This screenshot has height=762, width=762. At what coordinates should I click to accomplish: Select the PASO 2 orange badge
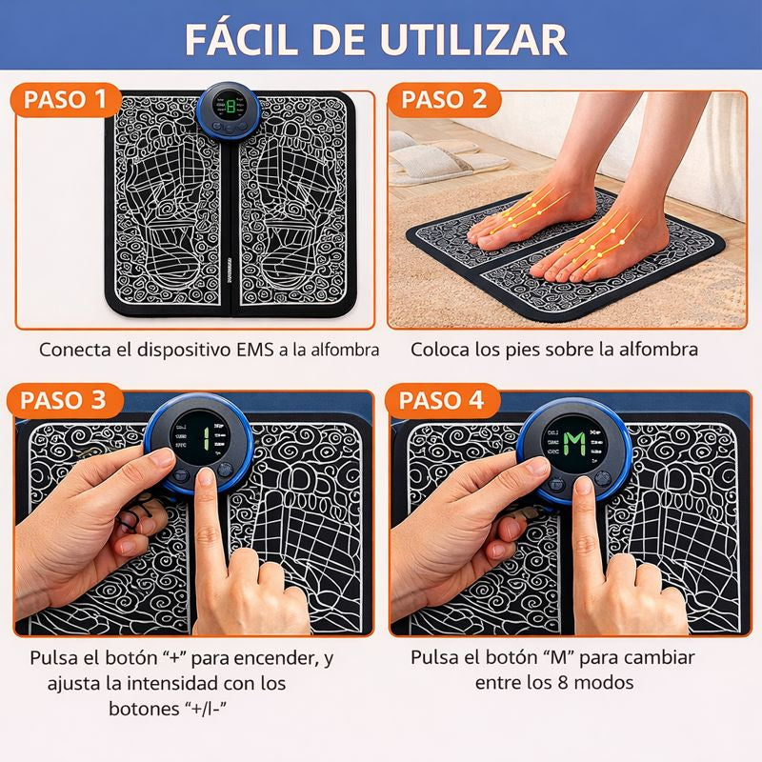coord(444,99)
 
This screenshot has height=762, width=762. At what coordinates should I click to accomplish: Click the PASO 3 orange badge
coord(66,399)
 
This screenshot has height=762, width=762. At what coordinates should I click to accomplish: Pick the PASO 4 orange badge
coord(445,399)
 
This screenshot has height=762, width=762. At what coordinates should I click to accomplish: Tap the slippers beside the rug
coord(433,155)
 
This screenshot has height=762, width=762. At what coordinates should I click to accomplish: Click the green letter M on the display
coord(574,441)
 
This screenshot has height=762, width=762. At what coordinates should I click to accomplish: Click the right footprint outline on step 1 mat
coord(295,219)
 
